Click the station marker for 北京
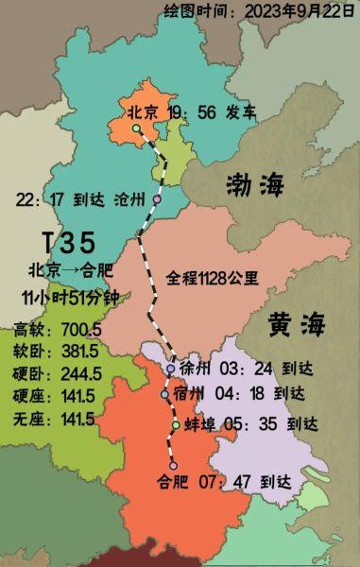[x=136, y=129]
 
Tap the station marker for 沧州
[x=157, y=199]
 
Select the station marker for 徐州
[x=170, y=369]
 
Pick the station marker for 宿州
[x=165, y=394]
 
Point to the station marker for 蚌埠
[x=176, y=425]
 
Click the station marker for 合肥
[x=173, y=465]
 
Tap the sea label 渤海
[x=254, y=185]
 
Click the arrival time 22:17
[x=40, y=199]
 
